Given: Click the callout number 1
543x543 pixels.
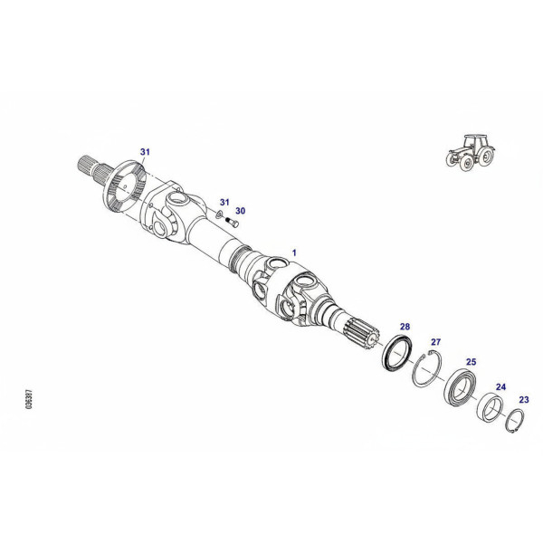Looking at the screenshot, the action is tap(294, 252).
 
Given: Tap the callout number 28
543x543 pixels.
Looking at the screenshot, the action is tap(405, 327).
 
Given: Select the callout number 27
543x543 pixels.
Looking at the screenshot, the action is tap(435, 342).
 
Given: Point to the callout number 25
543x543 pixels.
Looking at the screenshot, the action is tap(471, 362).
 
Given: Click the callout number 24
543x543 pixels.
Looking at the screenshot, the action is tap(500, 386).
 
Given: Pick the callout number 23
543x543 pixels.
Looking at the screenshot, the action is tap(524, 400).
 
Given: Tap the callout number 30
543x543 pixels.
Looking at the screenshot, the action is tap(241, 211).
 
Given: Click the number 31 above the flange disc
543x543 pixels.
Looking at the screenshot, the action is tap(145, 152).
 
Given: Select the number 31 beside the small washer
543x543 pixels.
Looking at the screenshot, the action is tap(224, 202).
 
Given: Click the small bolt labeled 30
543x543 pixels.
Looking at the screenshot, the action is tap(232, 223).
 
